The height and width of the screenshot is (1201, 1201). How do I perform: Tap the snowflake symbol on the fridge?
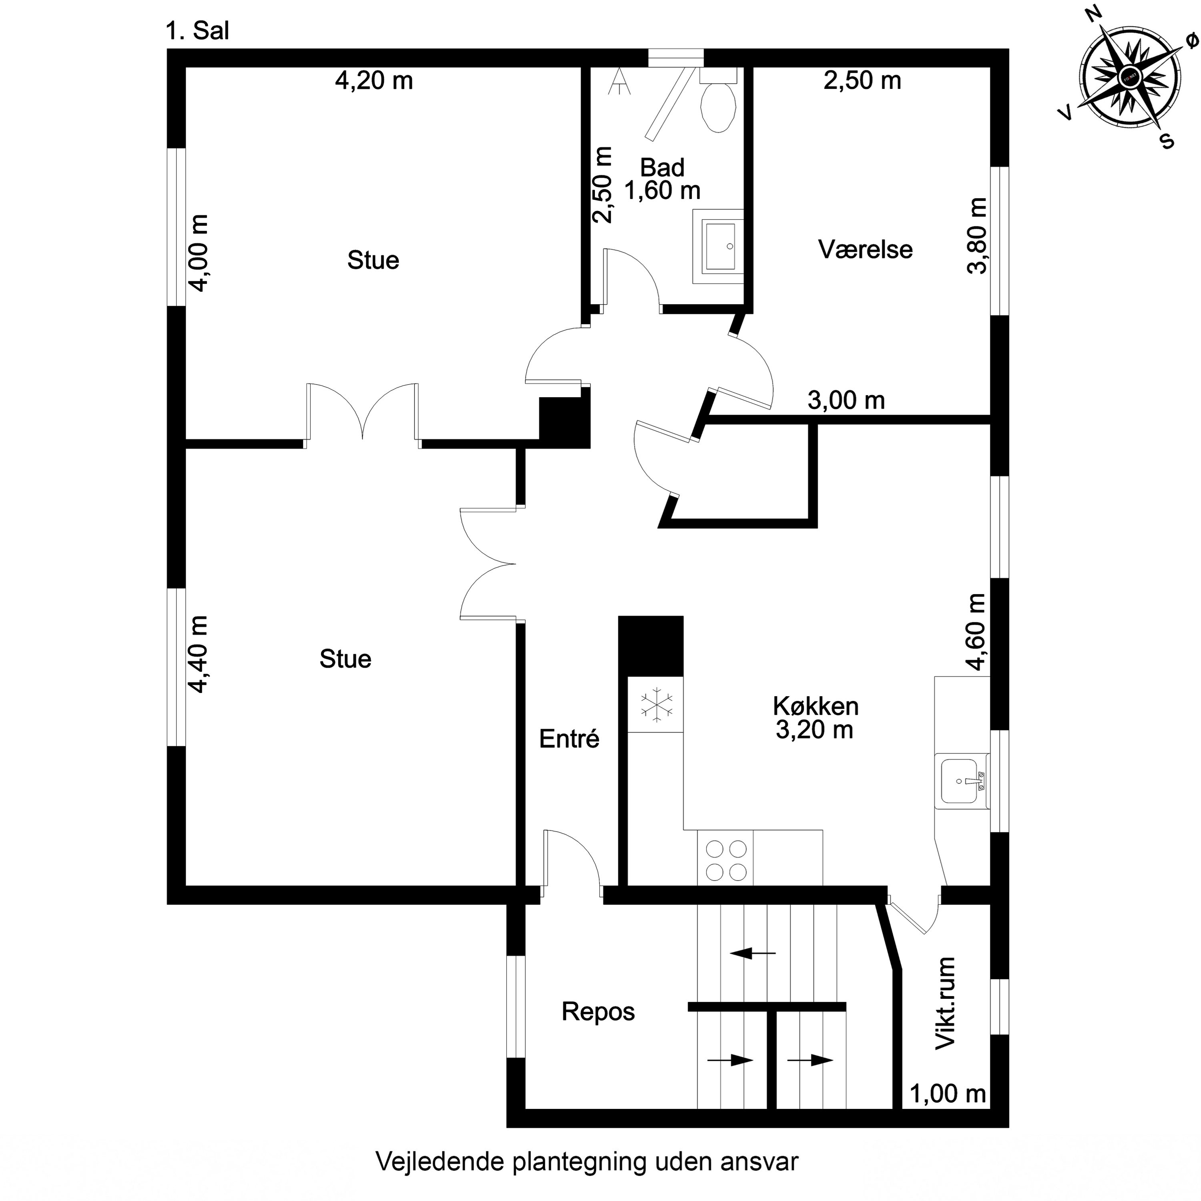657,705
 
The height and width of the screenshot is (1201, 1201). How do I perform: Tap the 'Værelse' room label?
865,249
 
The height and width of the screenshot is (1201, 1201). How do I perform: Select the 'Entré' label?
569,739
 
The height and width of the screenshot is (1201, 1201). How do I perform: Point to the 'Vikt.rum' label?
945,1003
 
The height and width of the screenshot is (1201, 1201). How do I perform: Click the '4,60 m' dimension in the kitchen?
976,632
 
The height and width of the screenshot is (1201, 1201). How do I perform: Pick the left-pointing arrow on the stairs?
752,952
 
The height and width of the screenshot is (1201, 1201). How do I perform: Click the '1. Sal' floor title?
198,31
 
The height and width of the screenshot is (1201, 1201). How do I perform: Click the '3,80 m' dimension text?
976,236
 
